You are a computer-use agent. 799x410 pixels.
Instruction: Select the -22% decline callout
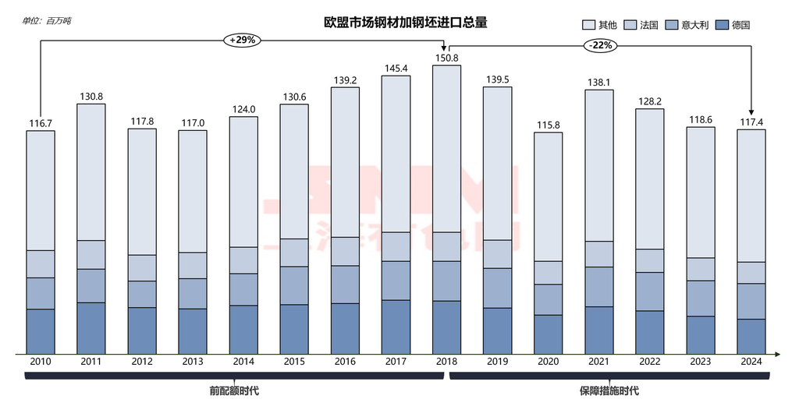(x=601, y=45)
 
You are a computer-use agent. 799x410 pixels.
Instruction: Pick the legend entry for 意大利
(x=687, y=25)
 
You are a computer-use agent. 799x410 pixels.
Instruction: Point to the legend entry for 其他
(x=600, y=25)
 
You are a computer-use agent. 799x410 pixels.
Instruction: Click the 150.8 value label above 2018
(x=446, y=57)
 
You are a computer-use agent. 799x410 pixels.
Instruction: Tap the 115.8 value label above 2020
(x=548, y=125)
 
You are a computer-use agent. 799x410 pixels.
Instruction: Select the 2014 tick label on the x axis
(x=243, y=362)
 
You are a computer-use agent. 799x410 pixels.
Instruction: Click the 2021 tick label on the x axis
(x=598, y=362)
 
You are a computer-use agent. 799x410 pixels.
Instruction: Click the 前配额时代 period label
(x=234, y=391)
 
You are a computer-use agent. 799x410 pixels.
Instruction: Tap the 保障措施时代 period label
(x=609, y=391)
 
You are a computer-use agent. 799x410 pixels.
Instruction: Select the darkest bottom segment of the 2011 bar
(x=91, y=327)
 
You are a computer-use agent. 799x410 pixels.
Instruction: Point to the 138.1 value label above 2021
(x=598, y=82)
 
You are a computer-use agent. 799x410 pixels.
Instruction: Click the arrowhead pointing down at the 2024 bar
(x=751, y=111)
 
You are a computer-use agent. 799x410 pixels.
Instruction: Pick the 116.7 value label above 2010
(x=41, y=122)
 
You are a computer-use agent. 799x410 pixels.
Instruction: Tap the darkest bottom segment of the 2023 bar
(x=700, y=334)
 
